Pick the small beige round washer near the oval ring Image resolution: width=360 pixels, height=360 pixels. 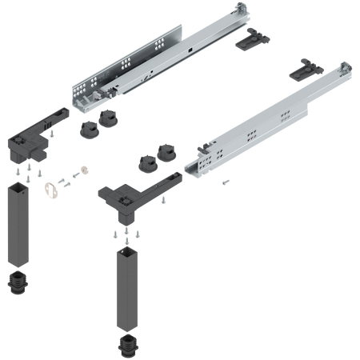pyautogui.click(x=82, y=170)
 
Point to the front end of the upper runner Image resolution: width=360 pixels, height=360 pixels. pyautogui.click(x=86, y=99)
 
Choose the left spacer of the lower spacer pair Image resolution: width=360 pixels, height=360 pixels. pyautogui.click(x=146, y=162)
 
